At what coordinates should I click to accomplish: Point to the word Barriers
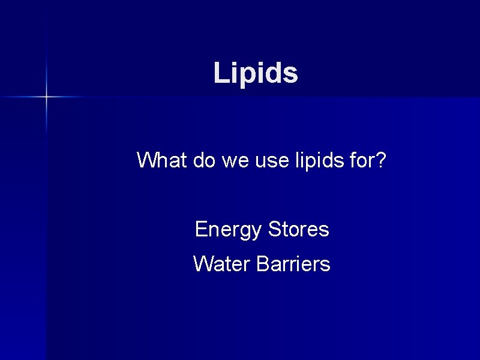(x=293, y=264)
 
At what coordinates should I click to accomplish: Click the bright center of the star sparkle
(x=46, y=96)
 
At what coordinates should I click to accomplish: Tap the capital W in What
(x=146, y=161)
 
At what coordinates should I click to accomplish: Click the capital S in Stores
(x=275, y=229)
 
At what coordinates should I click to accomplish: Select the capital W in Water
(x=203, y=264)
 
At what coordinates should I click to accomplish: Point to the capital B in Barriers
(x=262, y=264)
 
